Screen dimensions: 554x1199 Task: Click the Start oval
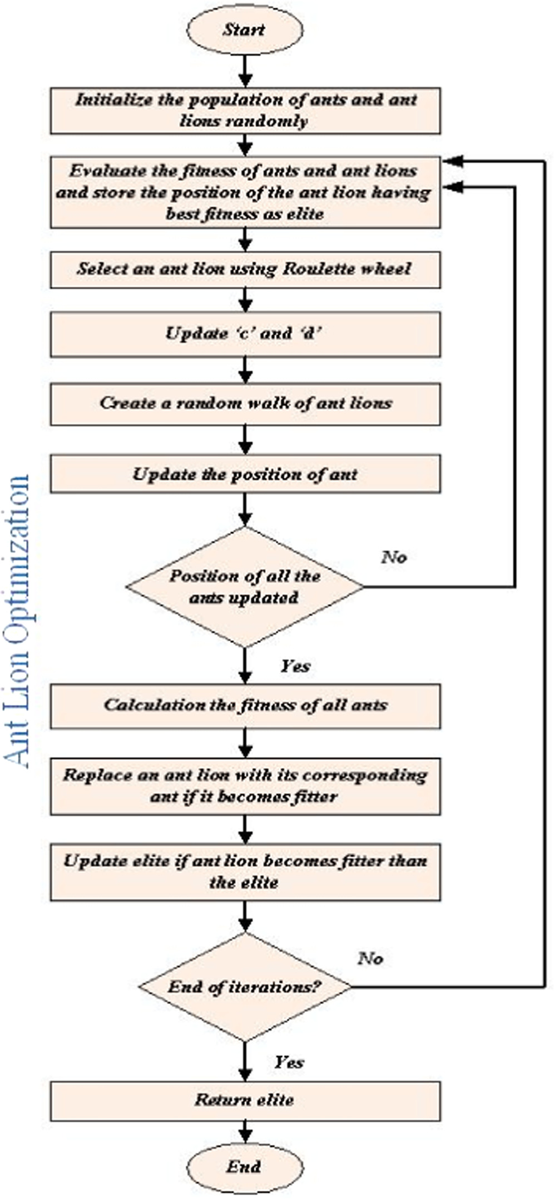point(245,30)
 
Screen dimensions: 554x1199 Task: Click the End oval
point(245,1166)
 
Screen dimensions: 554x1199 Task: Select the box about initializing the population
point(245,111)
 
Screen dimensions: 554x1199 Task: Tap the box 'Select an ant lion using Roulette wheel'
point(245,269)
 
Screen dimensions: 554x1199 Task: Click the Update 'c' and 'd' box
point(245,334)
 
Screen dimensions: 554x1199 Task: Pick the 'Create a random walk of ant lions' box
point(245,403)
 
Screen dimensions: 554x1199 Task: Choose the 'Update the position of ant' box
point(245,474)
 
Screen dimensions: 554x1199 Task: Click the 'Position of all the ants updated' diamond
point(245,587)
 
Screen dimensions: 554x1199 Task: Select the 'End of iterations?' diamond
point(245,987)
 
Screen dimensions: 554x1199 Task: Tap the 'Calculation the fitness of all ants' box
point(245,706)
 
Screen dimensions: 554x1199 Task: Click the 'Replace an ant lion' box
point(245,786)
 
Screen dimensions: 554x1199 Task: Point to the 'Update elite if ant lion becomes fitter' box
point(245,872)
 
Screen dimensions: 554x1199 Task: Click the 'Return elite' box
point(245,1100)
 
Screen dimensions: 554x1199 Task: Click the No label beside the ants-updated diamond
point(394,557)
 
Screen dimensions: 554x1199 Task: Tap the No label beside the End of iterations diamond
point(370,958)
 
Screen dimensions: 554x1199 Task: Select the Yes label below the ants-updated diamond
point(295,666)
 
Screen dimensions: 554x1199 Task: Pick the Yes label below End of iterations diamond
point(289,1062)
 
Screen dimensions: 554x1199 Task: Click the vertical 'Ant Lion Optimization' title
point(17,621)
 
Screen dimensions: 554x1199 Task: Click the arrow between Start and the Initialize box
point(245,69)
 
